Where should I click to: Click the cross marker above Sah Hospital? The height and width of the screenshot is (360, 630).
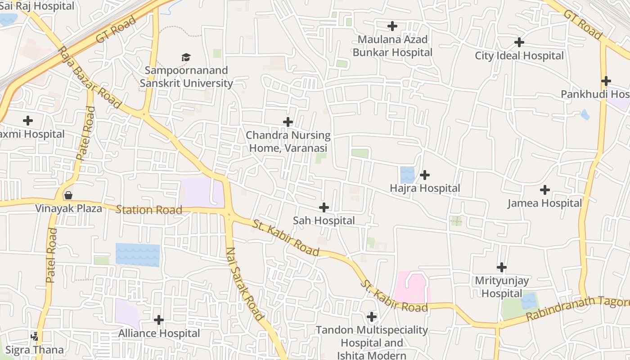(324, 207)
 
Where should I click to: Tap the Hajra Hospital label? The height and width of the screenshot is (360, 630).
(425, 188)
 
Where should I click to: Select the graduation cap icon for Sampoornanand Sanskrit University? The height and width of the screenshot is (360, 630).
(186, 57)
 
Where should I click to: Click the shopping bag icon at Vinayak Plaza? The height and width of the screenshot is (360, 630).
(68, 195)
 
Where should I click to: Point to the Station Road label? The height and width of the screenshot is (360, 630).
(149, 210)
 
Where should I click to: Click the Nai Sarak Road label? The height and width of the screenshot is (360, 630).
(244, 283)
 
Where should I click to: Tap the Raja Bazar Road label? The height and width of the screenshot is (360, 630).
(90, 77)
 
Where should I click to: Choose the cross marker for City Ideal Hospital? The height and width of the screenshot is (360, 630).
(519, 42)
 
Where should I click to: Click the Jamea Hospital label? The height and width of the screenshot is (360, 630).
(544, 203)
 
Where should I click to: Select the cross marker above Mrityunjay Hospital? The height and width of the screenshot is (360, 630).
(502, 267)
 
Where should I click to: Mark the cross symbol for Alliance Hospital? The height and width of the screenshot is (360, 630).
(159, 320)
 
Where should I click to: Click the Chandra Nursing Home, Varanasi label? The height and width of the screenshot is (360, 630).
(288, 141)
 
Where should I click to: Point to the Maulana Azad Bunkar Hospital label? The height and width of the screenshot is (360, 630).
(392, 46)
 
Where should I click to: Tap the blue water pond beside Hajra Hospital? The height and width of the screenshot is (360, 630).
(407, 175)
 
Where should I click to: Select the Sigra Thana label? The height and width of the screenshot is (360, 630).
(34, 350)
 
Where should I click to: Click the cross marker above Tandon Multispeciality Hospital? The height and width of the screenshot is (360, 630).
(372, 317)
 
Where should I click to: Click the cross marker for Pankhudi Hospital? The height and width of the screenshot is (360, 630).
(606, 81)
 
